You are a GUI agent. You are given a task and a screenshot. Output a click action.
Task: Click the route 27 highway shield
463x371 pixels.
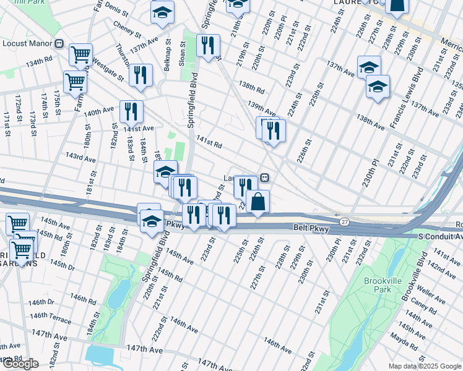(344, 221)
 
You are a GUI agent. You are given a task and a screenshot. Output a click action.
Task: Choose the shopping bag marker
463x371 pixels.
(257, 201)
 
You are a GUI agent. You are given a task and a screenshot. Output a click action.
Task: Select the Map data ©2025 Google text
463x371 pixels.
(424, 366)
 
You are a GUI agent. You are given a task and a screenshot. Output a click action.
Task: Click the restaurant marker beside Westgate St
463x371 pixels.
(141, 75)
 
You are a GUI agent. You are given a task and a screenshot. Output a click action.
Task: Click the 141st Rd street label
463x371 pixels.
(209, 144)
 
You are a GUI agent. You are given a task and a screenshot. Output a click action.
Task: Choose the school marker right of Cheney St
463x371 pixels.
(162, 12)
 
